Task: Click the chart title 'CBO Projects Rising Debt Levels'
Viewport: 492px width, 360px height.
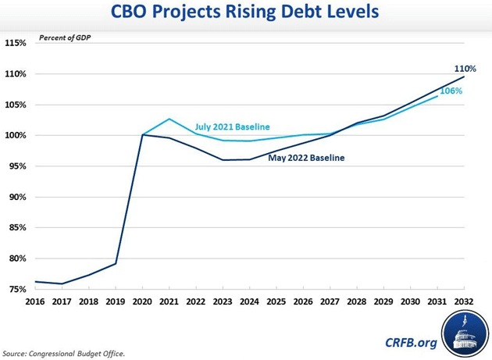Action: coord(246,14)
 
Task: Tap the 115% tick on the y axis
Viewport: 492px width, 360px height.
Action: coord(15,43)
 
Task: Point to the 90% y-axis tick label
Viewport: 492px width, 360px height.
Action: coord(15,197)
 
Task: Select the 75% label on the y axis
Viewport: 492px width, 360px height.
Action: coord(15,289)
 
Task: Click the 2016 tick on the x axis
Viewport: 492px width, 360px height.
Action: coord(36,301)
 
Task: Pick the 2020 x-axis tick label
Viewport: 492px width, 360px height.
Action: coord(143,301)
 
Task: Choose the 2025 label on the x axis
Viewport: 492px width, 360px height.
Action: coord(277,301)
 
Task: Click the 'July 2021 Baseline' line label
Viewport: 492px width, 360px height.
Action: coord(232,127)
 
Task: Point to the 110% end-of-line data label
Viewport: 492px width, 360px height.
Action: coord(465,69)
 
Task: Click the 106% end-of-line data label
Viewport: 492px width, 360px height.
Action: coord(451,91)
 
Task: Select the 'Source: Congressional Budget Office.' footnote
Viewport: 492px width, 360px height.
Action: coord(63,354)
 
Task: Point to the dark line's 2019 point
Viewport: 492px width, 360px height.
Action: coord(116,263)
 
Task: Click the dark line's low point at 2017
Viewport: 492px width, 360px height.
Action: coord(62,283)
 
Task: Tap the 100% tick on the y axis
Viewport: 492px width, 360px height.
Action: coord(15,135)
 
